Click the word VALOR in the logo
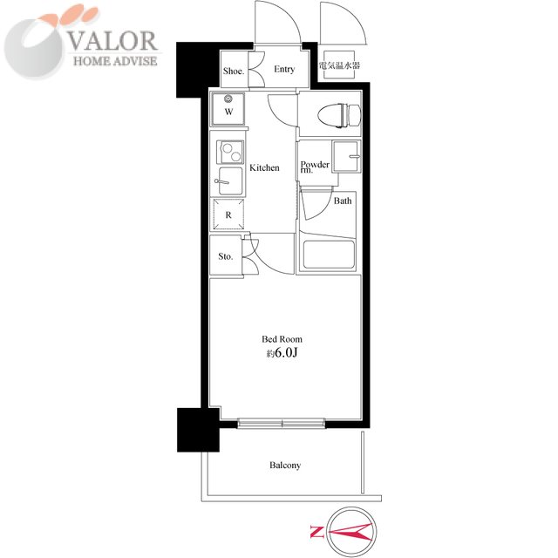click(x=112, y=41)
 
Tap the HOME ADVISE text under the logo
click(x=115, y=61)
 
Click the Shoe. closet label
click(x=234, y=71)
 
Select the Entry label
click(x=284, y=69)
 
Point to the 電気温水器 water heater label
click(x=339, y=65)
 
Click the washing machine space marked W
click(x=228, y=109)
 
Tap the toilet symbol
click(x=339, y=115)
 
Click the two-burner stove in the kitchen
click(x=230, y=152)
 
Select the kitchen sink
click(x=230, y=181)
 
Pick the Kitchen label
click(x=264, y=167)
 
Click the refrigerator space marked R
click(x=228, y=214)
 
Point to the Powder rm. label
click(x=315, y=167)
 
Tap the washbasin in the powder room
click(x=346, y=157)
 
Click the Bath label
click(x=343, y=201)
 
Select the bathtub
click(x=329, y=254)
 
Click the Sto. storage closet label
click(x=226, y=256)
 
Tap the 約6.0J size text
click(x=282, y=352)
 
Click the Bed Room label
click(x=282, y=339)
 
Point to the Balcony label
click(x=285, y=466)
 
